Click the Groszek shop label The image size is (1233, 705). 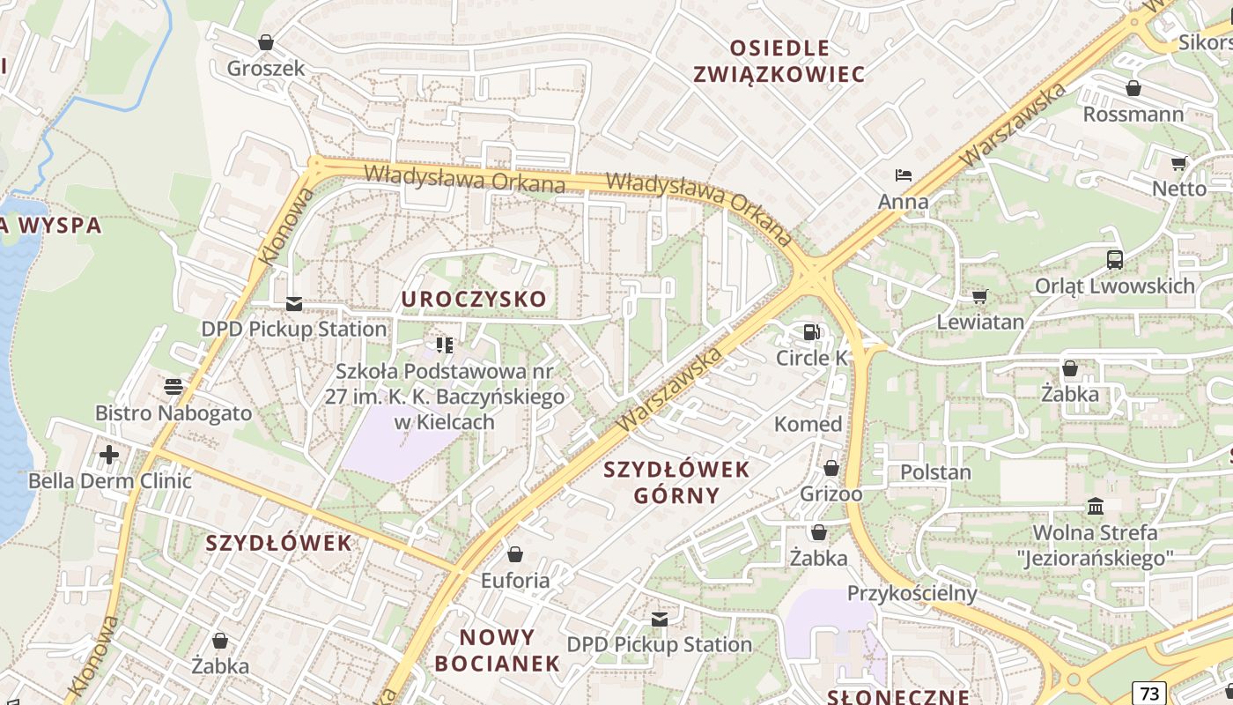tap(266, 68)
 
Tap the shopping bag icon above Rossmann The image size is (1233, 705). tap(1133, 88)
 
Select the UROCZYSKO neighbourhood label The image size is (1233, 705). tap(474, 300)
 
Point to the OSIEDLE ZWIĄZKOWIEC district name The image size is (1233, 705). tap(779, 61)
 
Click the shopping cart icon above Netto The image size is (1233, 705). tap(1179, 163)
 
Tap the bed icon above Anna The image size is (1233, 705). tap(903, 175)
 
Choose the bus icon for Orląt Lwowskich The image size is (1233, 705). tap(1114, 259)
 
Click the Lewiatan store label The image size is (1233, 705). tap(980, 322)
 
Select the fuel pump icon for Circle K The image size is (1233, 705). tap(811, 332)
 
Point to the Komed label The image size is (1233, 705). tap(808, 424)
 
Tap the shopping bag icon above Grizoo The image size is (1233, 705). tap(831, 468)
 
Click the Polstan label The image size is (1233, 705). tap(935, 472)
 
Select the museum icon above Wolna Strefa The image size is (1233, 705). tap(1096, 506)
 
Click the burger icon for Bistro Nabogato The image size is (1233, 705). tap(173, 387)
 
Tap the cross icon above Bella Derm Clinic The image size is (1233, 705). tap(109, 455)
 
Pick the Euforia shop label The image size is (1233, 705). tap(514, 581)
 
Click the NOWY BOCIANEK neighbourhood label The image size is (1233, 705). tap(498, 649)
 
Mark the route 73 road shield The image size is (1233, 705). tap(1148, 693)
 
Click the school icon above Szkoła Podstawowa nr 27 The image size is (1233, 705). tap(444, 345)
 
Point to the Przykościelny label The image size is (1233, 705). tap(912, 593)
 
